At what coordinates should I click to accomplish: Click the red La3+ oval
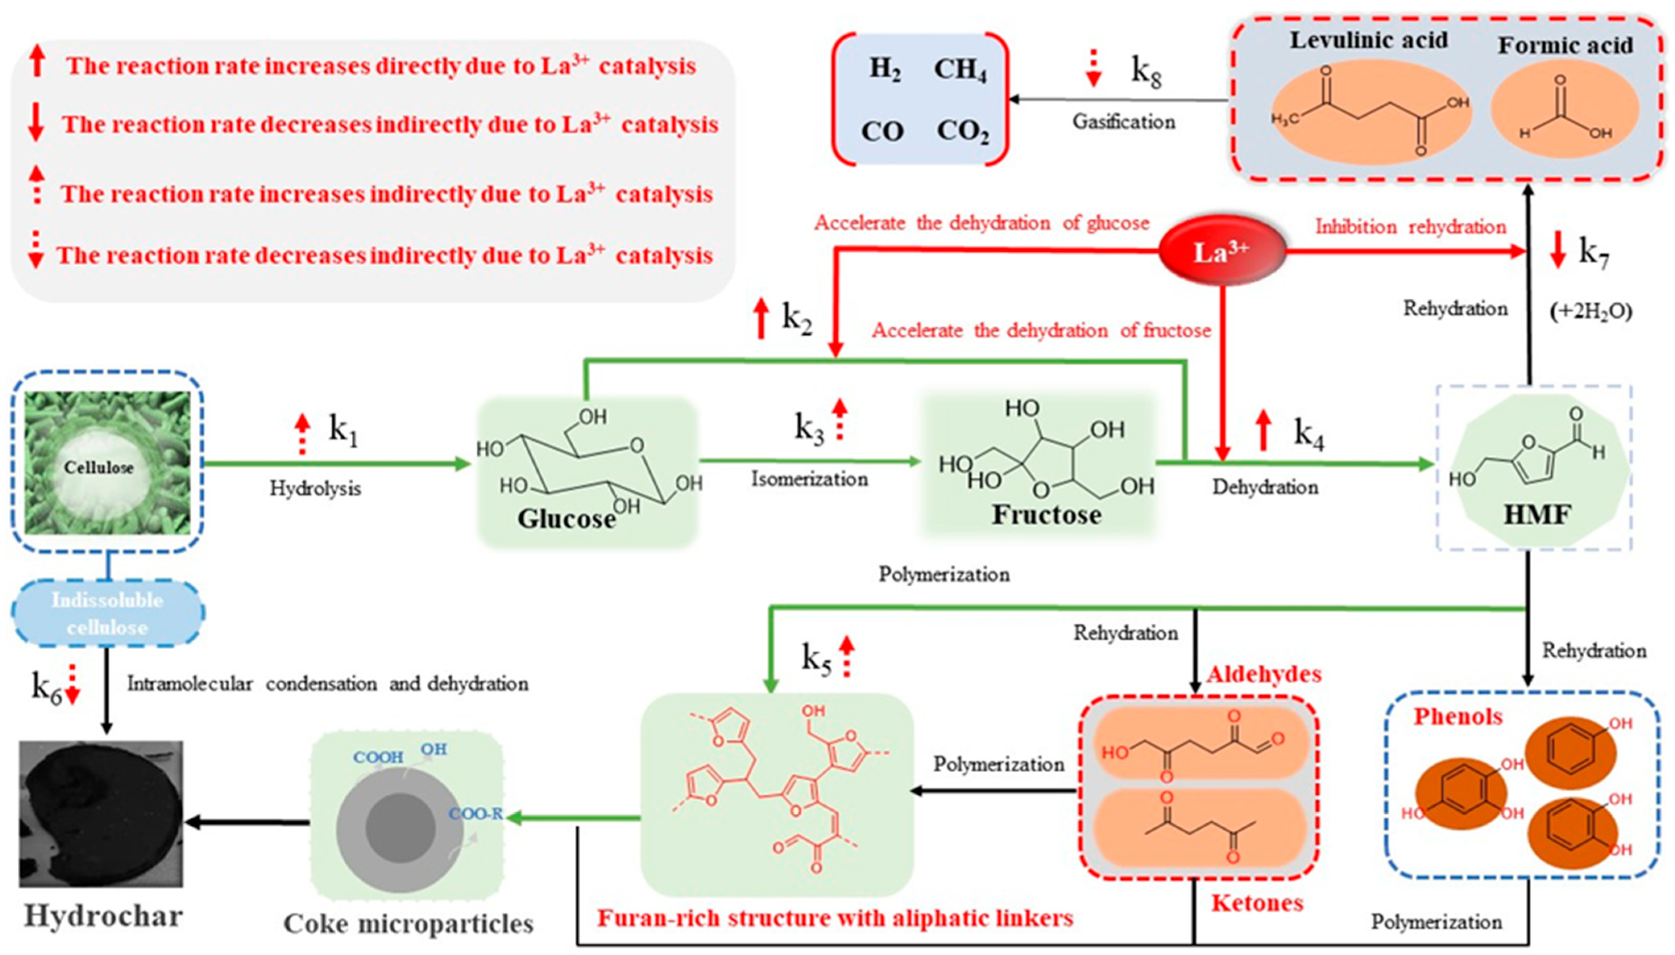(x=1221, y=251)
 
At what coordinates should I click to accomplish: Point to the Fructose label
(x=1046, y=515)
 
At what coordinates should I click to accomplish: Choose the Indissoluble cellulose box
(x=107, y=614)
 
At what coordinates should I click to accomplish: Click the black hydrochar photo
(x=101, y=813)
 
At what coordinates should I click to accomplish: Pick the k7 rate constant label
(x=1593, y=252)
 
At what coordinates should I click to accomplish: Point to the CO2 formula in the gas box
(x=962, y=131)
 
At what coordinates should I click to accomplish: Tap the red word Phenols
(x=1457, y=716)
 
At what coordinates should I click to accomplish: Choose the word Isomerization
(x=809, y=479)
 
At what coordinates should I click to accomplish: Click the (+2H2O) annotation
(x=1590, y=311)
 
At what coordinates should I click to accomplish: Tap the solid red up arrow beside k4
(x=1263, y=430)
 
